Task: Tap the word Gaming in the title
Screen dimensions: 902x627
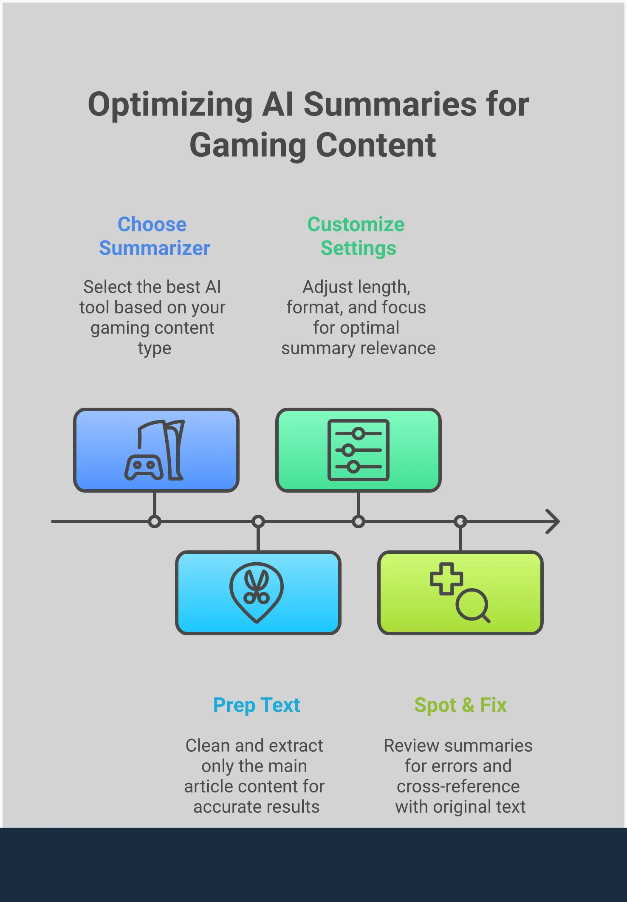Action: pos(247,146)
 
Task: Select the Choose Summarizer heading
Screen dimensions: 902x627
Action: pos(154,236)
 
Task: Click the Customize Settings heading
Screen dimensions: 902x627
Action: pos(356,236)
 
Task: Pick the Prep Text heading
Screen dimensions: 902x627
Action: pos(257,705)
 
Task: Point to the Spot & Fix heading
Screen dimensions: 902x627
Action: pos(460,705)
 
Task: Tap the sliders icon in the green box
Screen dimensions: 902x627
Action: pos(359,450)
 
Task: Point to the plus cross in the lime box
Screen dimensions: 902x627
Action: pos(446,579)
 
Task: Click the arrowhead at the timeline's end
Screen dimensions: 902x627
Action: pos(553,521)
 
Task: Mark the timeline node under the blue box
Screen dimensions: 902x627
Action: pos(155,521)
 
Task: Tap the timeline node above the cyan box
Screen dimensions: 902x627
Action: pos(258,521)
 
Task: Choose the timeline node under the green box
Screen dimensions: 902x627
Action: pos(359,521)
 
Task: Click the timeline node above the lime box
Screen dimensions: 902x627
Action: pos(460,521)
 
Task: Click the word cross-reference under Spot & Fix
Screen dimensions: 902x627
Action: pos(458,786)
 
